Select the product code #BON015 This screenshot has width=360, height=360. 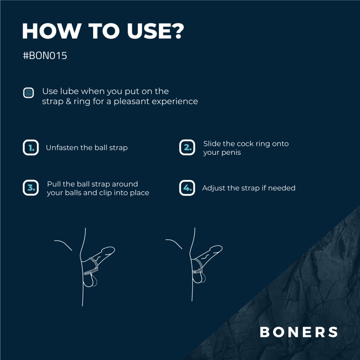pyautogui.click(x=45, y=57)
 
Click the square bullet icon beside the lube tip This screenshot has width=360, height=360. pyautogui.click(x=28, y=93)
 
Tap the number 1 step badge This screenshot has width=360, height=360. pyautogui.click(x=31, y=148)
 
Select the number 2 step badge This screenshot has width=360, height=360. pyautogui.click(x=187, y=148)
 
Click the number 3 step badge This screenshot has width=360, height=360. pyautogui.click(x=31, y=188)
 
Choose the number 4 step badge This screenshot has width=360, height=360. pyautogui.click(x=187, y=188)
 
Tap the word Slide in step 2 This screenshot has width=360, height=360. pyautogui.click(x=212, y=144)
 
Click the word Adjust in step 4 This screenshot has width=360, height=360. pyautogui.click(x=214, y=188)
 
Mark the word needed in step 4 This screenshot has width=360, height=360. pyautogui.click(x=282, y=188)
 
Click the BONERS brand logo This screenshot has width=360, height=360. pyautogui.click(x=299, y=332)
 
